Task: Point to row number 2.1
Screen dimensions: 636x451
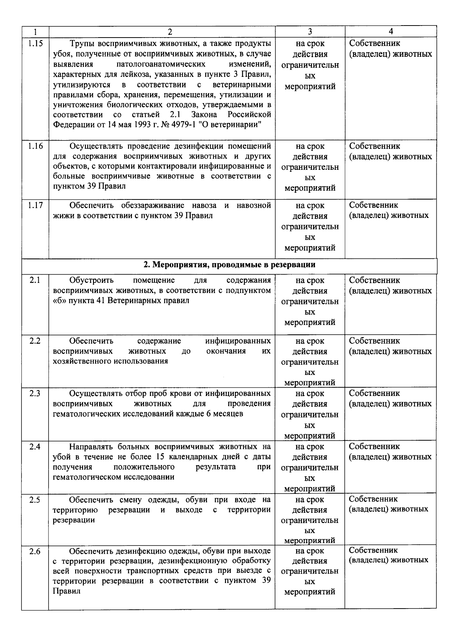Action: point(35,280)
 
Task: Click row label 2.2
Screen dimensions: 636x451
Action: point(35,341)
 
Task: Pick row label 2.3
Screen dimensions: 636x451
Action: point(35,393)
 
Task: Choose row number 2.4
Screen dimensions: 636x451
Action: point(35,447)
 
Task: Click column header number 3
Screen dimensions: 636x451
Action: point(310,32)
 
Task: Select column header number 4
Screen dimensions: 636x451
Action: point(390,32)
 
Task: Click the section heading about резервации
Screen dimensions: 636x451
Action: point(229,265)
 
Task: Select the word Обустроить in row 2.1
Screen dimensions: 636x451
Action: point(91,280)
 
